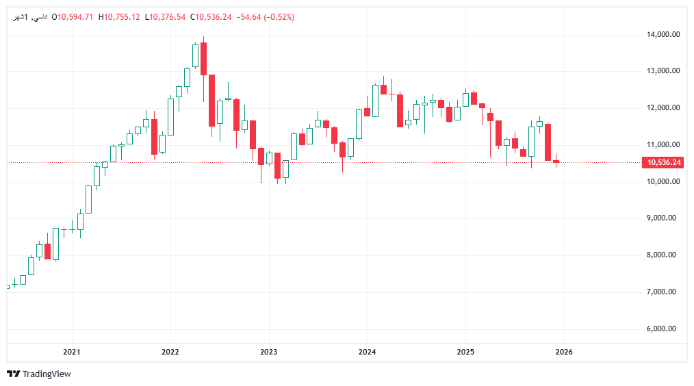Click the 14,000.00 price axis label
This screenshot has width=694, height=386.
coord(663,34)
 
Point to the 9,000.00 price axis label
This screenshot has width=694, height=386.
coord(663,218)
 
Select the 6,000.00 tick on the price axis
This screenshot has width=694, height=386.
coord(663,329)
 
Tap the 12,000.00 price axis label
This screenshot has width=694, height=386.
coord(663,108)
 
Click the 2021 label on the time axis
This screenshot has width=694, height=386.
coord(71,352)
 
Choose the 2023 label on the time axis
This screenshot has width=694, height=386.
coord(268,352)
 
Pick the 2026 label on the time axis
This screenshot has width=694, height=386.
coord(564,352)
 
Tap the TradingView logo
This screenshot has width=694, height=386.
coord(39,374)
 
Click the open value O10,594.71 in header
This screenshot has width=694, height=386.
coord(73,17)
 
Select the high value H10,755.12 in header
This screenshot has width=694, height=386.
coord(119,17)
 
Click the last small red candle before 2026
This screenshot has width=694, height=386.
coord(556,162)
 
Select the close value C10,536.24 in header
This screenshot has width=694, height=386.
coord(211,17)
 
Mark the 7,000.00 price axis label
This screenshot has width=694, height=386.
coord(663,292)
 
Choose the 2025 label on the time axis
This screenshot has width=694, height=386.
coord(465,352)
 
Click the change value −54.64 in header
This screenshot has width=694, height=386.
coord(248,17)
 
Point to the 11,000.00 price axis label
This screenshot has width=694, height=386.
coord(663,145)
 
